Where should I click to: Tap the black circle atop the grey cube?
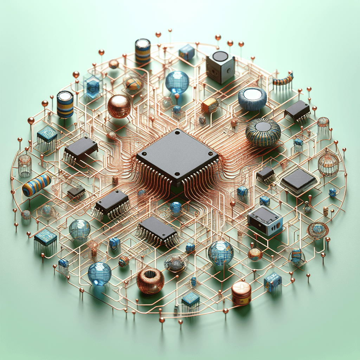point(220,56)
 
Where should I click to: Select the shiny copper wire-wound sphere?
point(119,106)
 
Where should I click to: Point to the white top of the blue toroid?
point(252,94)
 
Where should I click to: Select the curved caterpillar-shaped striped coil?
point(283,81)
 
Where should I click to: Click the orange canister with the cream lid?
point(241,292)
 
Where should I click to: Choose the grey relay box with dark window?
point(265,220)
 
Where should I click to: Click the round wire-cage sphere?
point(328,165)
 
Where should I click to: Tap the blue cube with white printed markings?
point(272,282)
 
